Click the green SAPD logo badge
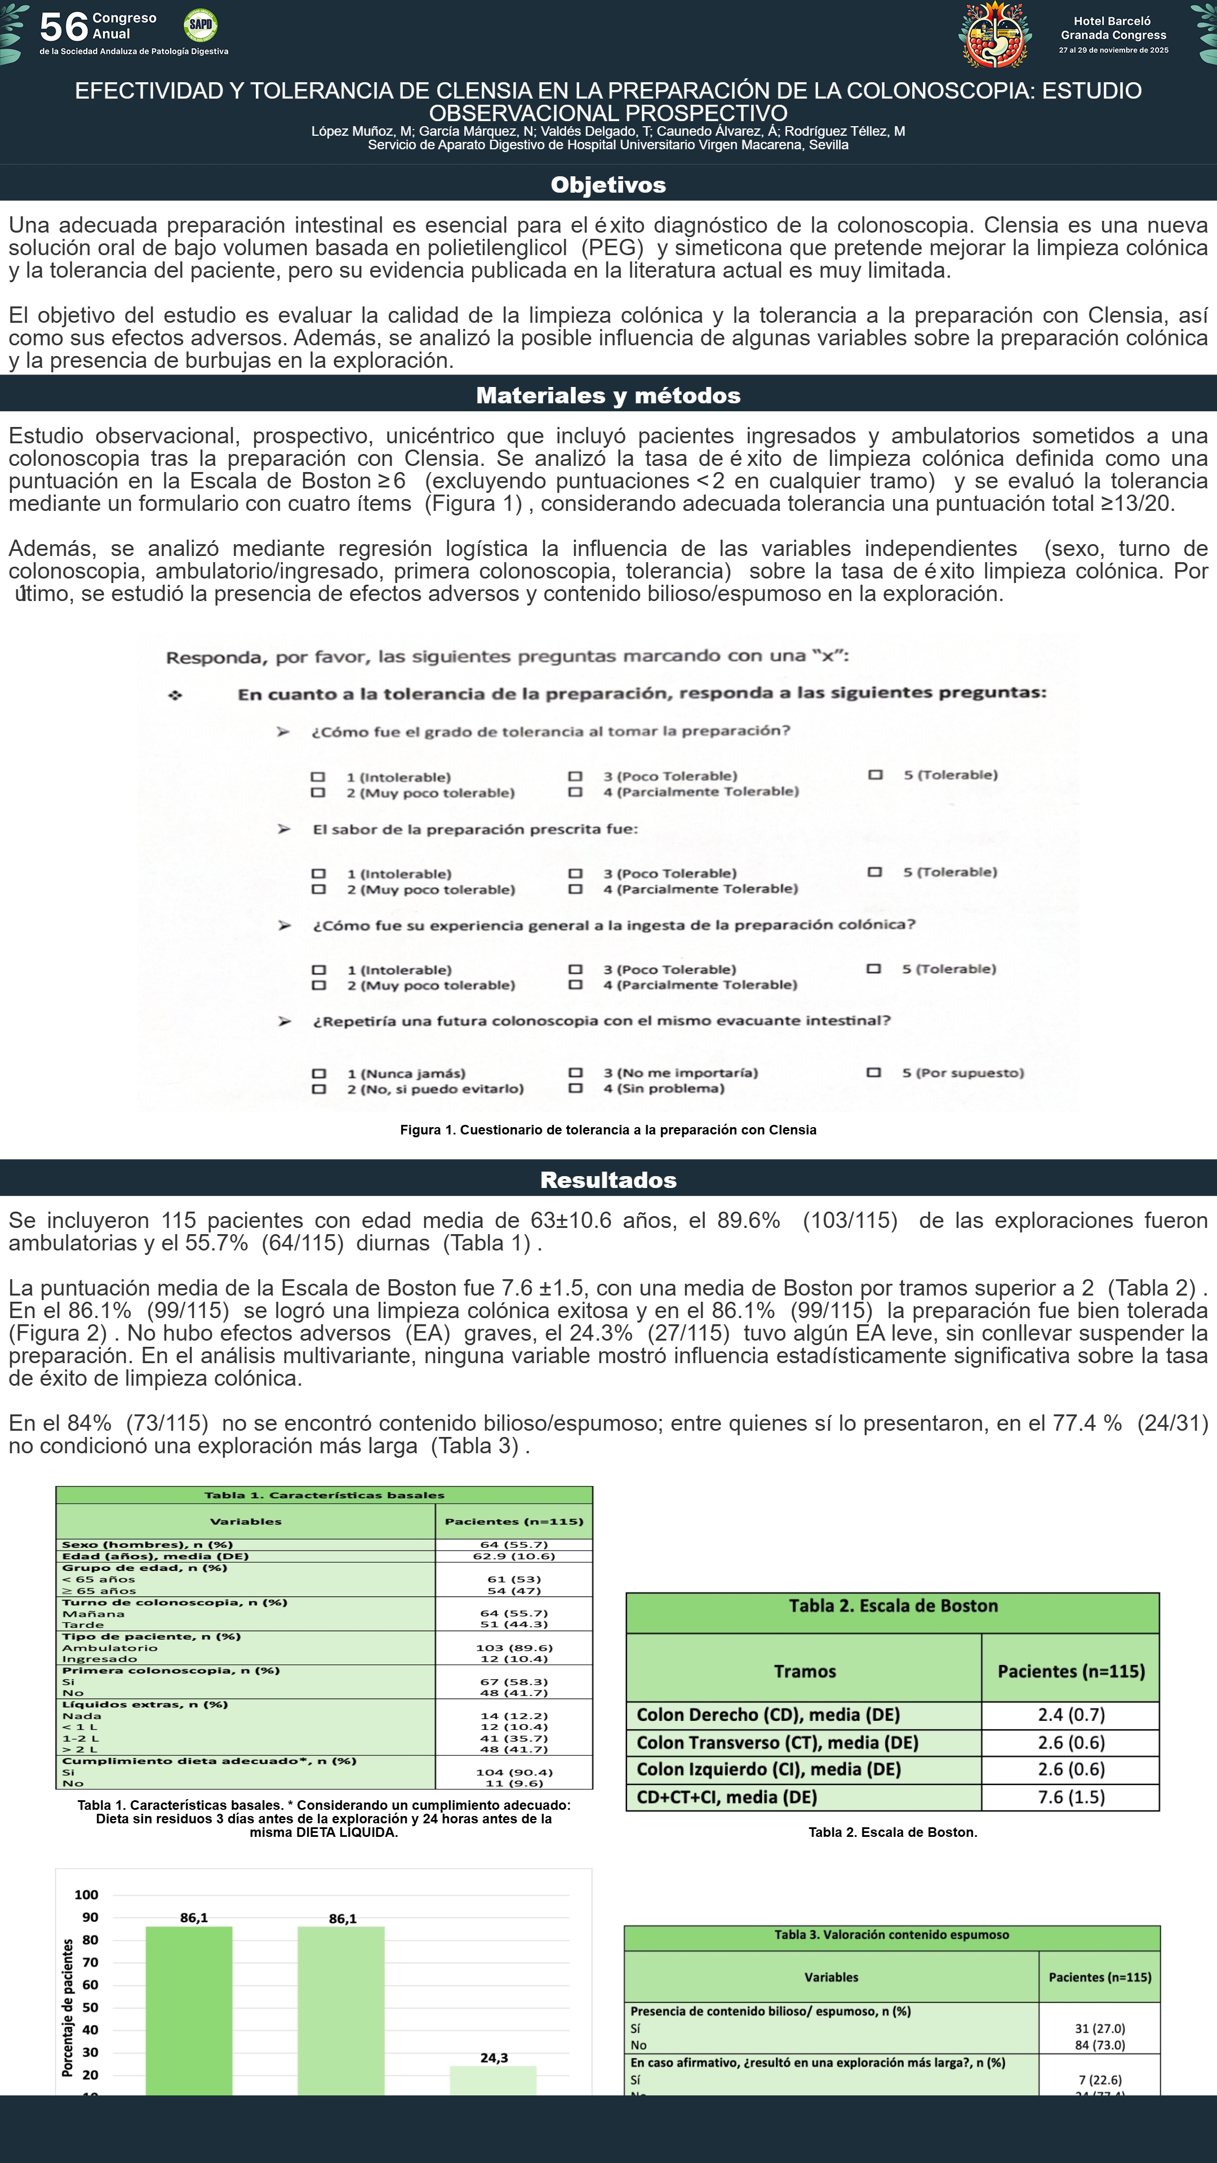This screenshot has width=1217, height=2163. pyautogui.click(x=200, y=25)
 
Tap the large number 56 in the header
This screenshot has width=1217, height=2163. pyautogui.click(x=63, y=27)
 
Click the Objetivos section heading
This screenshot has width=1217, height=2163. pyautogui.click(x=608, y=185)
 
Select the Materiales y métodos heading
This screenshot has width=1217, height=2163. pyautogui.click(x=608, y=395)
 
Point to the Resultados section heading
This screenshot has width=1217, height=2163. pyautogui.click(x=608, y=1180)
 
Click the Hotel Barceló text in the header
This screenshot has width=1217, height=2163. pyautogui.click(x=1112, y=21)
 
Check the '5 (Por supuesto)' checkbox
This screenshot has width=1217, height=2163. pyautogui.click(x=873, y=1072)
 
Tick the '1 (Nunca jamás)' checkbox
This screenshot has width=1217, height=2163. pyautogui.click(x=318, y=1073)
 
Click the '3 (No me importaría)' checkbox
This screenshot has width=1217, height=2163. pyautogui.click(x=575, y=1072)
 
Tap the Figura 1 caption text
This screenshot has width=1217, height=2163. pyautogui.click(x=608, y=1130)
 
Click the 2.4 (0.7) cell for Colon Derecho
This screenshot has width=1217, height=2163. pyautogui.click(x=1071, y=1715)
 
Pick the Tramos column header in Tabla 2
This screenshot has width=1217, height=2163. pyautogui.click(x=804, y=1671)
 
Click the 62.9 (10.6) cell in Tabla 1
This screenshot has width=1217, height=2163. pyautogui.click(x=513, y=1556)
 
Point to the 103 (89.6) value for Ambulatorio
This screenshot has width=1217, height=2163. pyautogui.click(x=513, y=1648)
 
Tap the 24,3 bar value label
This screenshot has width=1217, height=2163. pyautogui.click(x=494, y=2057)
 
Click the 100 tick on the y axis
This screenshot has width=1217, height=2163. pyautogui.click(x=87, y=1894)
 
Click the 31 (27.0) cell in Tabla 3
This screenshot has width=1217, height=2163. pyautogui.click(x=1099, y=2028)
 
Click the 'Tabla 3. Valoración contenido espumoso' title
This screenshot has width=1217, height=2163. pyautogui.click(x=891, y=1935)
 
